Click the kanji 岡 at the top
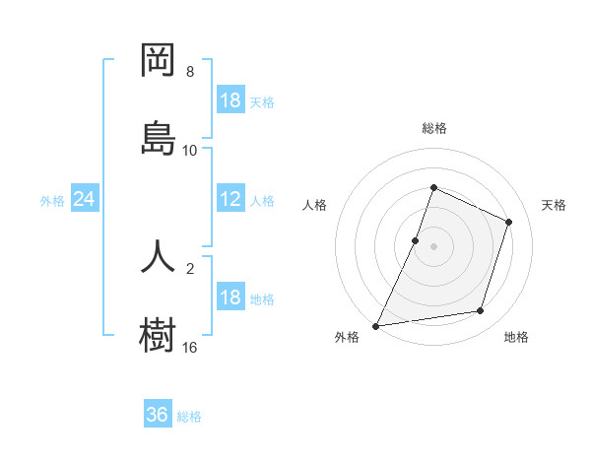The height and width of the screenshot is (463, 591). coord(158,61)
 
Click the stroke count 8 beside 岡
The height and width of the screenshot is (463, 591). coord(190,72)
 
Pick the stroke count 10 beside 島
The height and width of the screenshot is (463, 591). coord(190,150)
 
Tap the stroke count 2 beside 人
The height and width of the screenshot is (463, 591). coord(190,268)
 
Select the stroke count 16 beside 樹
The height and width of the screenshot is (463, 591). coord(190,347)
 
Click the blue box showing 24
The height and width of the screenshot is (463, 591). coord(85,199)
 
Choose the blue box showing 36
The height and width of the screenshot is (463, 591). coord(158,415)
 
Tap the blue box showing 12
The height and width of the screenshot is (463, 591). coord(230,199)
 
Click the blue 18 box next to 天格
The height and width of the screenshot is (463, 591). coord(230,100)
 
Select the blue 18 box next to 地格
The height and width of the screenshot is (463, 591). coord(230,298)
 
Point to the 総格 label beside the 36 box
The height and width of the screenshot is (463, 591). coord(189,417)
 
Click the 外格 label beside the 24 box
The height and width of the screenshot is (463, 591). coord(52,200)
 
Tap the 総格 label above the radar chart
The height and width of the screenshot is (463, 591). coord(433,128)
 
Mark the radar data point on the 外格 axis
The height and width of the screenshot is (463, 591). coord(376,325)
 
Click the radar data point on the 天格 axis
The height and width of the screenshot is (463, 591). coord(509,222)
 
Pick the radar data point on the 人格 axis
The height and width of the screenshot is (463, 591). coord(416,240)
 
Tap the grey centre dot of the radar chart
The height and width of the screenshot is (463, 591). coord(433,246)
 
